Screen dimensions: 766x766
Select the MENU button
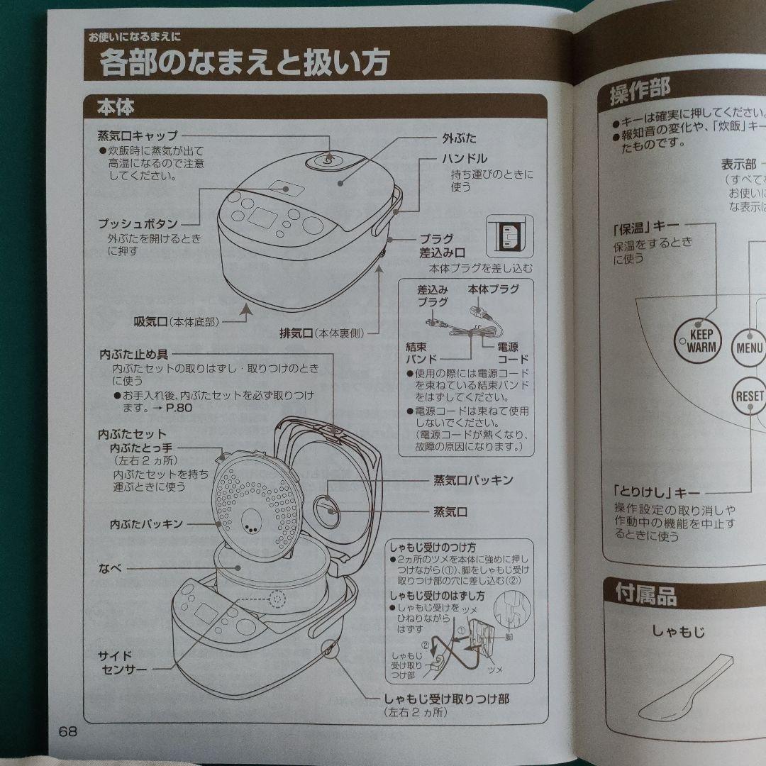tap(749, 348)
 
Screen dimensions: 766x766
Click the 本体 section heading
tap(116, 109)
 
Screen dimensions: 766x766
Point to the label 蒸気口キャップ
tap(138, 135)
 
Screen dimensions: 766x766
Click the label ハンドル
tap(464, 158)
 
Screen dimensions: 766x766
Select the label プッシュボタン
tap(138, 224)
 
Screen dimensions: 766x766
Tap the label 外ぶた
tap(460, 138)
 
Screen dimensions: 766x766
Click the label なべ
tap(111, 568)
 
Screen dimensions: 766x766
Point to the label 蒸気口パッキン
tap(473, 480)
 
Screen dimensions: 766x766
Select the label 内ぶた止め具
tap(134, 353)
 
